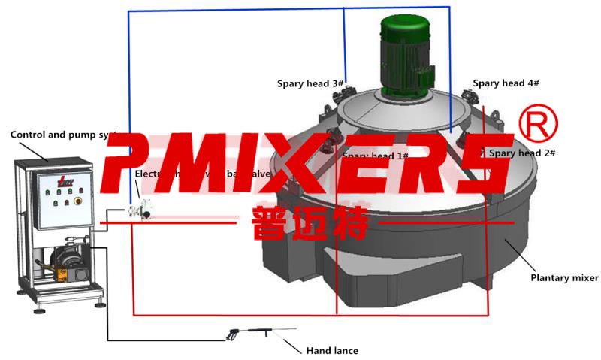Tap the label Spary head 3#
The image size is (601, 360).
click(310, 83)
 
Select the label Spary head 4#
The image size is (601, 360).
click(506, 83)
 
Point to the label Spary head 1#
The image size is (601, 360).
click(375, 156)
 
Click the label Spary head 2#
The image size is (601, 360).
click(522, 153)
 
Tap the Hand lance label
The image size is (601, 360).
click(331, 350)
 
